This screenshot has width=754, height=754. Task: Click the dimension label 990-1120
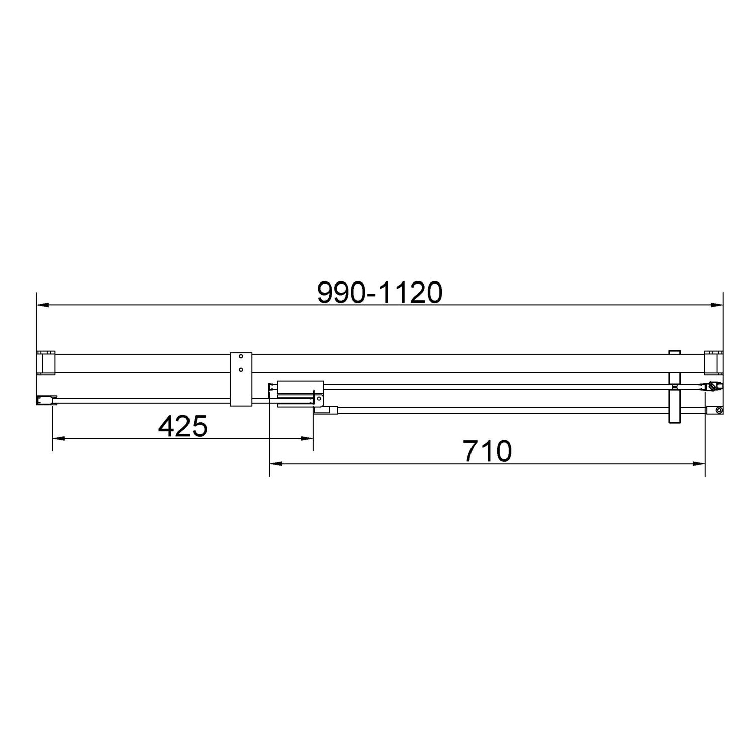(380, 292)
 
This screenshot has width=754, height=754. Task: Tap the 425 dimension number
(182, 427)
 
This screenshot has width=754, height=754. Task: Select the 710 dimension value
(487, 451)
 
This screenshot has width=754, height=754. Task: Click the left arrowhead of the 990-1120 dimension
(42, 305)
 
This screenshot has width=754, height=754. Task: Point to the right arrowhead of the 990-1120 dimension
(717, 305)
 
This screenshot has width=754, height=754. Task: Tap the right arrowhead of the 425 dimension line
(307, 438)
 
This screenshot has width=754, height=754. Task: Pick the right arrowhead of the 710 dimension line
(699, 463)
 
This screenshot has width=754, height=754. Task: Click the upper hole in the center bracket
(241, 357)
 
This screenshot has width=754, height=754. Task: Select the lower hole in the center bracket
(241, 370)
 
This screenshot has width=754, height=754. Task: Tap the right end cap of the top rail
(713, 363)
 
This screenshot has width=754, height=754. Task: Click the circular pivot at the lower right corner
(719, 410)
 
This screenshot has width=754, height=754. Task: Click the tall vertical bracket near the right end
(674, 406)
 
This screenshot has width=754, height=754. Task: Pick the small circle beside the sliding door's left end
(318, 399)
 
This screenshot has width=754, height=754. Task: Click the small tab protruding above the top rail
(674, 352)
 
